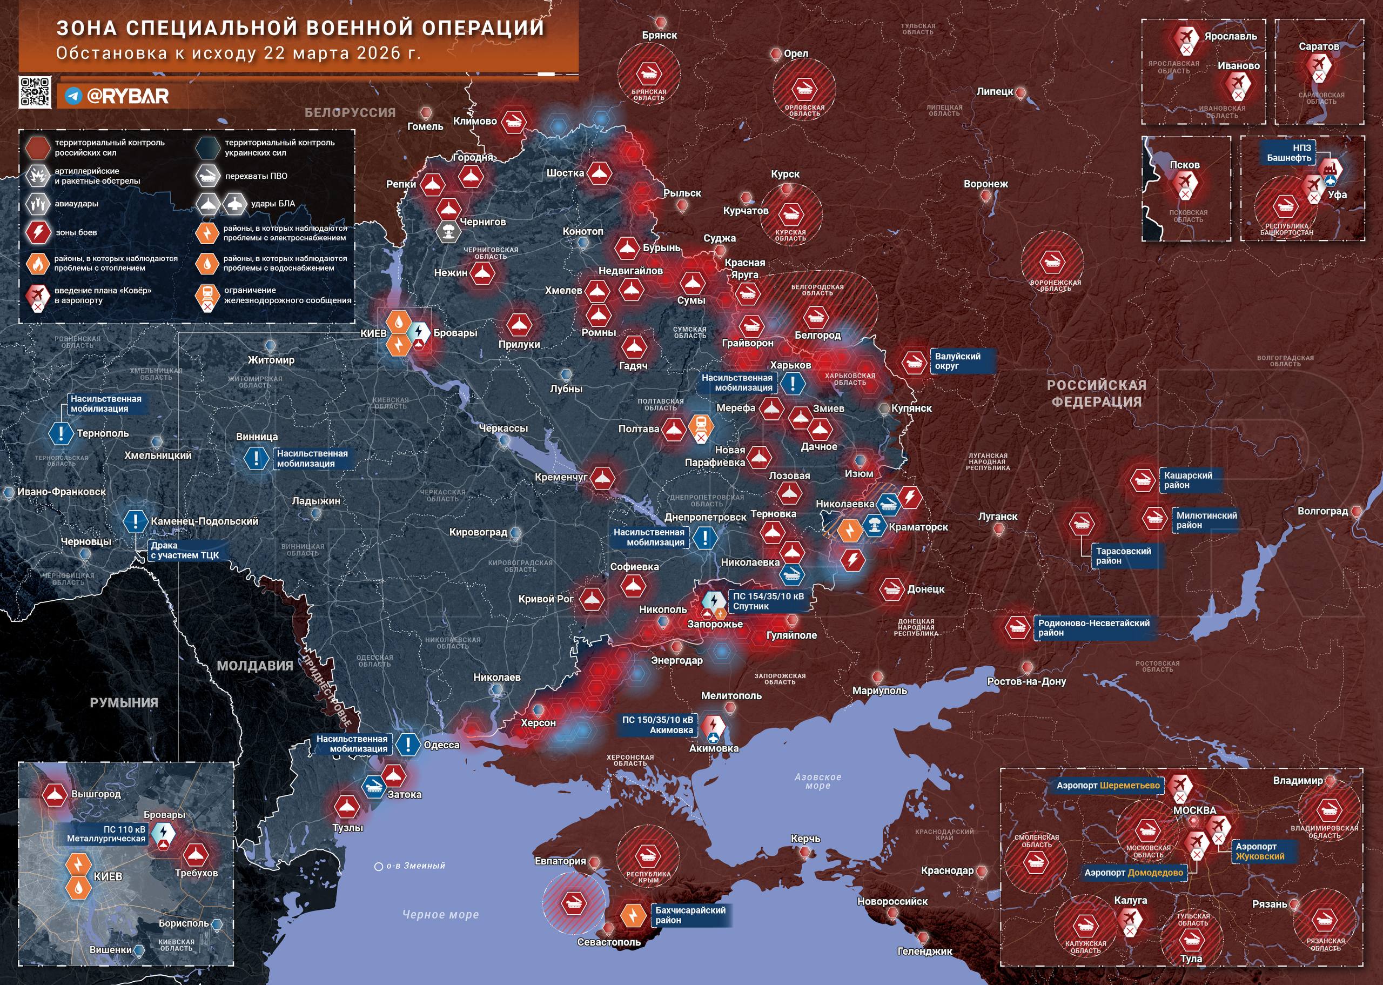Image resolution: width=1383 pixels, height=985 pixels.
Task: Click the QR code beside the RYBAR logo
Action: (35, 92)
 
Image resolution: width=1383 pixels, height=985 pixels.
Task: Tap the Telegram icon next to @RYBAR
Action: (74, 96)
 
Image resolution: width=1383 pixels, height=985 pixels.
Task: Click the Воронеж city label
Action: (985, 184)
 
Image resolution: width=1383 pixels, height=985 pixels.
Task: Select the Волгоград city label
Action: (1322, 511)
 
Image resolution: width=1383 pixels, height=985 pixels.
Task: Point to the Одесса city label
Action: (441, 745)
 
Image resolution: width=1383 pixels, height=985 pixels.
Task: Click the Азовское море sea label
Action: (817, 781)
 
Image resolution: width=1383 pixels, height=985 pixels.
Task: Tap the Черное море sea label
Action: (440, 915)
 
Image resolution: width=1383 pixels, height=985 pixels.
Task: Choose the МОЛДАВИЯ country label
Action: (254, 665)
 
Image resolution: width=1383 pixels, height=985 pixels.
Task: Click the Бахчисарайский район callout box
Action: (690, 915)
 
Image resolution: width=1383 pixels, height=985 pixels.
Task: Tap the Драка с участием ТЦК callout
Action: (184, 550)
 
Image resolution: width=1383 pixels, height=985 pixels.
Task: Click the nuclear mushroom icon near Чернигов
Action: (449, 231)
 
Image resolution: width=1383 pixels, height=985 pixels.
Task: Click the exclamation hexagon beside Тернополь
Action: (61, 433)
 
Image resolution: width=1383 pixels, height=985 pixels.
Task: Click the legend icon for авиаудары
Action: (38, 204)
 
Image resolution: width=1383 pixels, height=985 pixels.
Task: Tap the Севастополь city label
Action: (608, 942)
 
